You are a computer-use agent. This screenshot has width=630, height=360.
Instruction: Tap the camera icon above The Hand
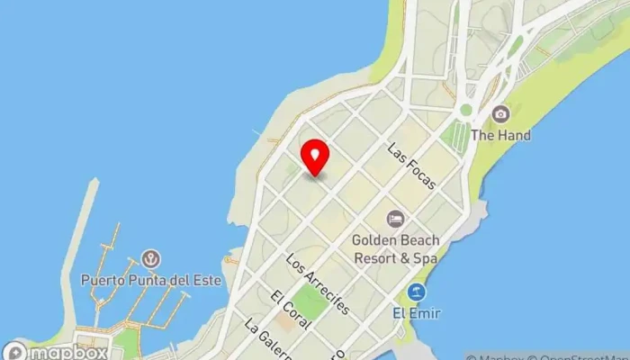[x=501, y=114]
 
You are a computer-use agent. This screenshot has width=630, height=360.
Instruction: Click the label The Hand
[x=501, y=136]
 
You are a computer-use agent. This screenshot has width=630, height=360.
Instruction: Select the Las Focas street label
[x=412, y=166]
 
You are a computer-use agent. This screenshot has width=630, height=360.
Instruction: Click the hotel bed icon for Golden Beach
[x=395, y=219]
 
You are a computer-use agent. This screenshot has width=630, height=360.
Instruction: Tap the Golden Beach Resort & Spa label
[x=395, y=248]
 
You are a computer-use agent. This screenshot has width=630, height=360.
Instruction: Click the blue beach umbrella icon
[x=416, y=292]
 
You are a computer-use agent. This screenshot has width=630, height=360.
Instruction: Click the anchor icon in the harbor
[x=151, y=259]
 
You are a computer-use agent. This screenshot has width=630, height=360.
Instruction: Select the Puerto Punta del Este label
[x=151, y=279]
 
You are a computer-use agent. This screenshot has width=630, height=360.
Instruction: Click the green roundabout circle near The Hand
[x=465, y=111]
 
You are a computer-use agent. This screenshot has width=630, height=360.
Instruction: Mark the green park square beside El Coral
[x=309, y=301]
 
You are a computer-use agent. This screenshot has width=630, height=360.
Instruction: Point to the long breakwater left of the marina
[x=87, y=243]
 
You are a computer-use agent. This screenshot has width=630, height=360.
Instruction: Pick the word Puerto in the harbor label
[x=101, y=279]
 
